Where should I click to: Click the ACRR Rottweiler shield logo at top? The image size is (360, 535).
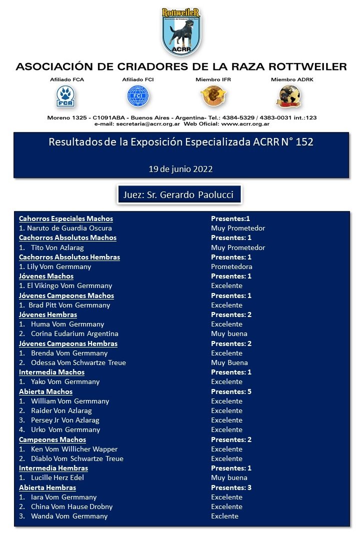point(181,31)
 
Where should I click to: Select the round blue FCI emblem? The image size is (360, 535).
point(138,95)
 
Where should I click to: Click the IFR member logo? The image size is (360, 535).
point(213,95)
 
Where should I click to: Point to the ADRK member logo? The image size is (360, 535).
point(289,96)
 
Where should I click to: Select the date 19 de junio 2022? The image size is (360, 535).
point(180,169)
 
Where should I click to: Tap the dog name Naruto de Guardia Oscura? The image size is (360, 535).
point(65,228)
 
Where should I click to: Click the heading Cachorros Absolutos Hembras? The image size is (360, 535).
point(69,257)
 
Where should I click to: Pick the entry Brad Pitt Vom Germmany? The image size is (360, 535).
point(69,305)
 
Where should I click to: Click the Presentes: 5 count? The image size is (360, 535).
point(231,391)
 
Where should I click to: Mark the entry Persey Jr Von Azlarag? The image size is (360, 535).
point(65,420)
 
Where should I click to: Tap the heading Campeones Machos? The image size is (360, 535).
point(52,439)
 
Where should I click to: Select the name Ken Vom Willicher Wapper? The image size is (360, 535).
point(73,449)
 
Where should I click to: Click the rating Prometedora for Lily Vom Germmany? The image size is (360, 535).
point(231,266)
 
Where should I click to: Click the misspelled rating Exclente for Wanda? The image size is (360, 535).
point(224,516)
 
